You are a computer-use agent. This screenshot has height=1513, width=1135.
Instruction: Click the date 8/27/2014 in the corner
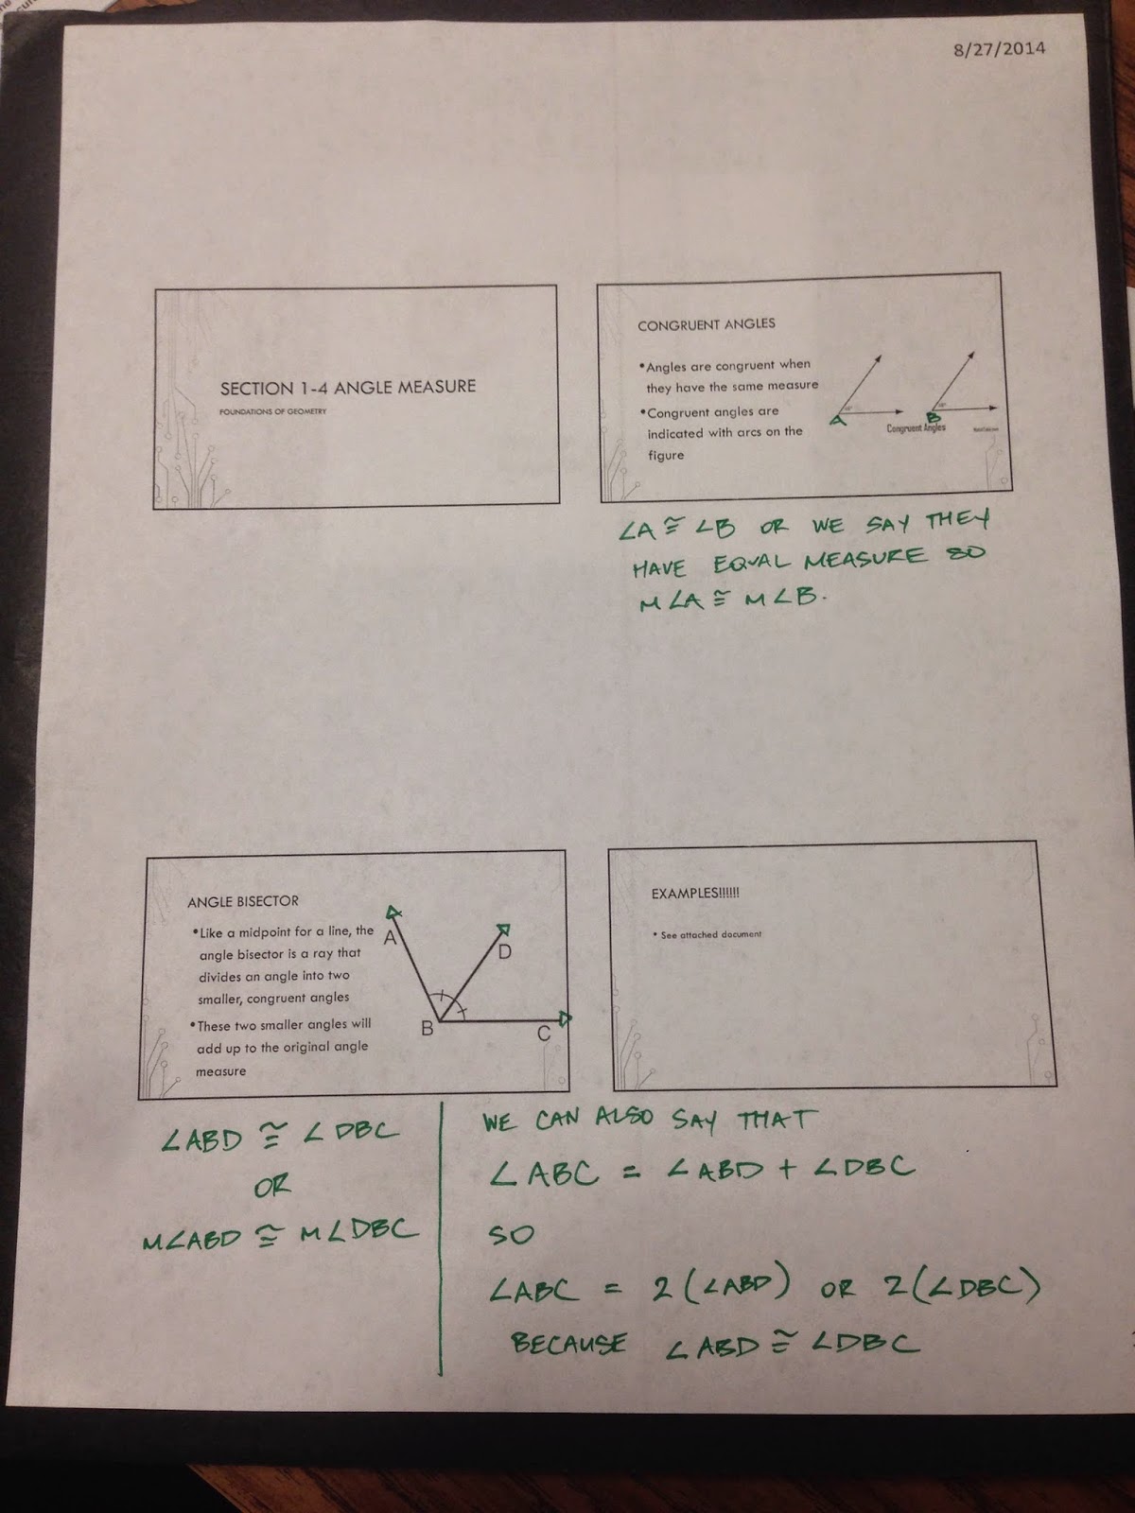click(x=999, y=47)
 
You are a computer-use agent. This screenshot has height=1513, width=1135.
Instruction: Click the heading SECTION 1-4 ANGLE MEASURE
click(x=347, y=387)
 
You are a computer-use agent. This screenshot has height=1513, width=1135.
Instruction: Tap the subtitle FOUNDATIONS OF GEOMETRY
click(x=272, y=412)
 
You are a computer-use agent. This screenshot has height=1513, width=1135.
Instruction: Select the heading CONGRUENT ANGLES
click(x=706, y=324)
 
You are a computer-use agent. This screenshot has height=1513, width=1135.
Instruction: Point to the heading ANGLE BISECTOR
click(x=242, y=901)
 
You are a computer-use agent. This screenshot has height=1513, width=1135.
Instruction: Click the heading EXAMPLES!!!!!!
click(x=695, y=893)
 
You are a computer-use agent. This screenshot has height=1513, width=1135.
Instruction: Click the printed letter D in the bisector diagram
click(x=504, y=952)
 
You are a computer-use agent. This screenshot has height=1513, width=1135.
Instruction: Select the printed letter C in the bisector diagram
click(x=544, y=1035)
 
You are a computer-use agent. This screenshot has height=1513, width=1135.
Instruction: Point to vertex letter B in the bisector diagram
click(x=428, y=1029)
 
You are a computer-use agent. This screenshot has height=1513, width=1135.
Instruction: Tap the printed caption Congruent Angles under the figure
click(x=916, y=428)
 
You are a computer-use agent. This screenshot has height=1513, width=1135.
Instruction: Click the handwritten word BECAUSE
click(x=567, y=1343)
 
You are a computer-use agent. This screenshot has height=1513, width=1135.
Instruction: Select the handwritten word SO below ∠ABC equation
click(x=511, y=1234)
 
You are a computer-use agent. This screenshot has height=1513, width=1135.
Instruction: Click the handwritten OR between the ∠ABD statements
click(x=272, y=1186)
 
